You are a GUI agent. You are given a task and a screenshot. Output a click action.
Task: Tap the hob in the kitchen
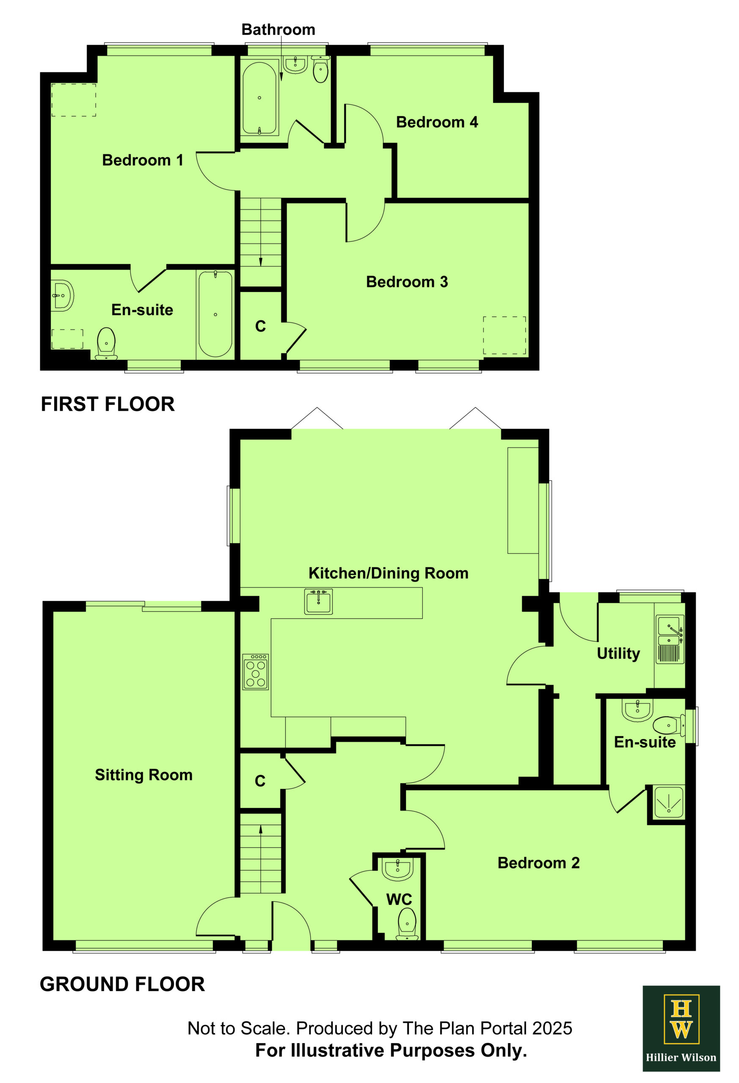point(255,672)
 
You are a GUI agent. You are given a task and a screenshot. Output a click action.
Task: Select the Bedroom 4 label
point(437,122)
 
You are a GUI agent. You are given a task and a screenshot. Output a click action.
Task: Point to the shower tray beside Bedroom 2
point(669,802)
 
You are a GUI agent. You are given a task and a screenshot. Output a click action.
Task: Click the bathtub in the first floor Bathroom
point(260,98)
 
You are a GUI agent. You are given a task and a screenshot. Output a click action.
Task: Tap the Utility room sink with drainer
point(670,639)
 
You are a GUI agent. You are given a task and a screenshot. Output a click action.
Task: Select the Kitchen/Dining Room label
point(388,573)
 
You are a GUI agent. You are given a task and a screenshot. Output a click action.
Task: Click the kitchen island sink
point(319,602)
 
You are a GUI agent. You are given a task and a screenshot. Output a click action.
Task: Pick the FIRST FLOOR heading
point(107,404)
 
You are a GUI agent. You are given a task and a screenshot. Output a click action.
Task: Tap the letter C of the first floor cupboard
point(261,326)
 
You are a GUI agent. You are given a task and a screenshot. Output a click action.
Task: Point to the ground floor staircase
point(261,853)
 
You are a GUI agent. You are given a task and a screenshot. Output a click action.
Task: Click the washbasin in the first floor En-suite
point(62,295)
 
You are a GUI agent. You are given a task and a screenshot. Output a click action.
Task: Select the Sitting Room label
point(143,775)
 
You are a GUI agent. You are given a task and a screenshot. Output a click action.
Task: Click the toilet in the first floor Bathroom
point(321,69)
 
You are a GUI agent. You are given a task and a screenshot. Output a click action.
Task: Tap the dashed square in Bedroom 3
point(504,335)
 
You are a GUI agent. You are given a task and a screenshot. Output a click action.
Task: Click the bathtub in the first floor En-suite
point(215,314)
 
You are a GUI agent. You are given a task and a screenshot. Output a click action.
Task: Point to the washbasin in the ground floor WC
point(398,869)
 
